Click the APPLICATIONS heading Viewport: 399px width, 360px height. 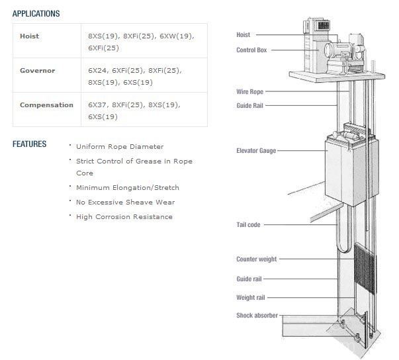click(x=36, y=13)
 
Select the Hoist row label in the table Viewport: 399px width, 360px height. click(x=30, y=36)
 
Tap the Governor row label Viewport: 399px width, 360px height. click(x=38, y=70)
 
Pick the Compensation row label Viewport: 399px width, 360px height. click(x=46, y=105)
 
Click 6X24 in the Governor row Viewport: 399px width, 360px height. click(x=98, y=71)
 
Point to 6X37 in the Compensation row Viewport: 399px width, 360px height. click(x=98, y=105)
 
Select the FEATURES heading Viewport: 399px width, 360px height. click(x=30, y=144)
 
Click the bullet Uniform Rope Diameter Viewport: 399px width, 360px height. click(x=120, y=147)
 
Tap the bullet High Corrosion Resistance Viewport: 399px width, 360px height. click(x=124, y=217)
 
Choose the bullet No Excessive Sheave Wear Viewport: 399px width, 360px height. click(x=126, y=202)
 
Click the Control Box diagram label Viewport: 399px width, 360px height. click(x=251, y=50)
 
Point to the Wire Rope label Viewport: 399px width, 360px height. click(x=249, y=91)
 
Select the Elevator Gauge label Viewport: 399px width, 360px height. click(x=256, y=151)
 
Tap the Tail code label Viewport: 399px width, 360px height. click(x=248, y=224)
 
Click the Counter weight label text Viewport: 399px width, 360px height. click(x=257, y=259)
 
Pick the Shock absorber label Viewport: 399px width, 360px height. click(x=257, y=316)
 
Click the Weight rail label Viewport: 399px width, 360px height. click(x=251, y=297)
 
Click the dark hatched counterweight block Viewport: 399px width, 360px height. click(x=365, y=269)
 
